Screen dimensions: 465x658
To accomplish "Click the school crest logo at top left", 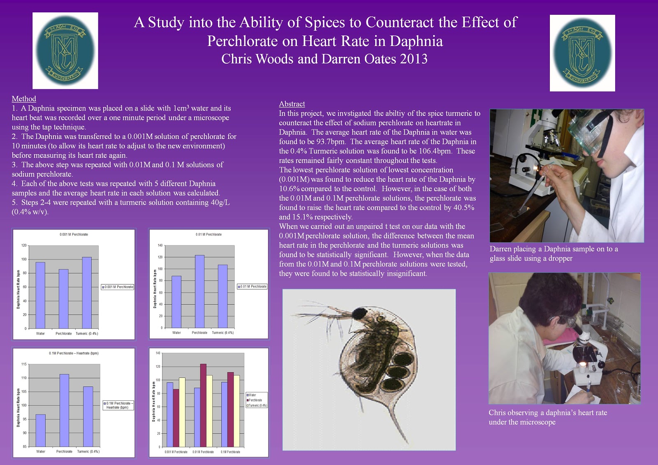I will (65, 51).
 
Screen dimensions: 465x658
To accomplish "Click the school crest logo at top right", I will (582, 53).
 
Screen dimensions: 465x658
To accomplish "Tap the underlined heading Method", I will (24, 99).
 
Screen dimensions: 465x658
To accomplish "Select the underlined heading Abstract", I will (292, 104).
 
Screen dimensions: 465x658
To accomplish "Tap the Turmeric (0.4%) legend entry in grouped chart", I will (257, 405).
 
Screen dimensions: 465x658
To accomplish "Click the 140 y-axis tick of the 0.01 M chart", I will (160, 245).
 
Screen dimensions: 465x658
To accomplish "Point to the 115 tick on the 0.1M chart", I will (24, 364).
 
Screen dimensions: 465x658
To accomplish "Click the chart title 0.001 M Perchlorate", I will (74, 234).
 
